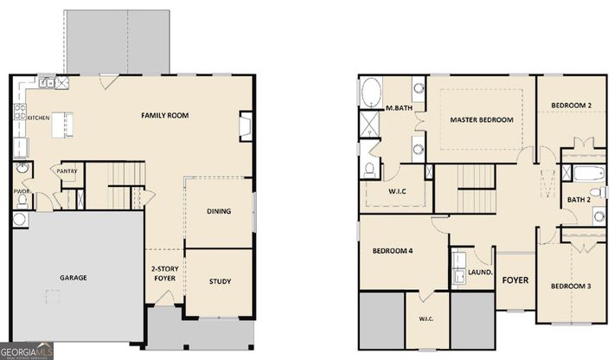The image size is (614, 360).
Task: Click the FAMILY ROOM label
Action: point(164,115)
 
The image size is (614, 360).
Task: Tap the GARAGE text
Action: point(74,277)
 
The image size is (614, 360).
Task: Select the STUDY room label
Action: point(220,281)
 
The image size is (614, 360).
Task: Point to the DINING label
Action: point(219,211)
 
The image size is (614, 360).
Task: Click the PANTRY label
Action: point(67,171)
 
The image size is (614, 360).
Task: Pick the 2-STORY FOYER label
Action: point(165,273)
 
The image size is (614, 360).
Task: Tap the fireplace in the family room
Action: point(246,126)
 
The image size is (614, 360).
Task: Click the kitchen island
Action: point(62,125)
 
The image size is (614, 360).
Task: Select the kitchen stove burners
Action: point(20,112)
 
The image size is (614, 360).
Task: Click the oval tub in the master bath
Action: point(371,92)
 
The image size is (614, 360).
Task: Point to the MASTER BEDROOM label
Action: point(481,120)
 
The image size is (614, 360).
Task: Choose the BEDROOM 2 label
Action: point(572,106)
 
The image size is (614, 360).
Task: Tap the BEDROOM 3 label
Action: point(571,286)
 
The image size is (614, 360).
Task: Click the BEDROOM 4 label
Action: point(393,251)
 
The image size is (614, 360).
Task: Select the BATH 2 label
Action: point(579,200)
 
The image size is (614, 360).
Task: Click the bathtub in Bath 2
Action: point(590,173)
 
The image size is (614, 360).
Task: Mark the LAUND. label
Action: point(480,273)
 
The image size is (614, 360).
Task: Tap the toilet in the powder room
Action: point(22,201)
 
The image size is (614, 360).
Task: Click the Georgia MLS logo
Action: point(27,350)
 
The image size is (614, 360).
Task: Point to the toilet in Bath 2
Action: point(598,192)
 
